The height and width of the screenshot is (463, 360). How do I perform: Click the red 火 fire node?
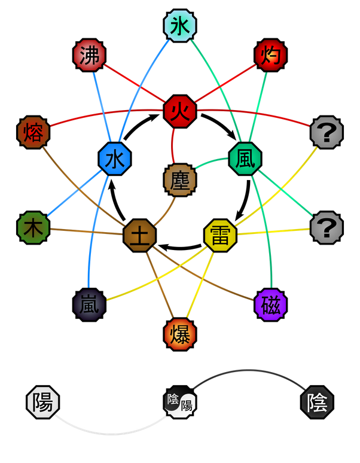tap(180, 112)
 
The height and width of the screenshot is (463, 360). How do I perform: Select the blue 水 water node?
tap(114, 159)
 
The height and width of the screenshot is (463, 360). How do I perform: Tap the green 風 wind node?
tap(245, 159)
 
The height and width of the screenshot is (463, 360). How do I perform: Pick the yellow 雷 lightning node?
tap(220, 235)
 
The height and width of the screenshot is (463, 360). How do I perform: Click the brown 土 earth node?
tap(140, 235)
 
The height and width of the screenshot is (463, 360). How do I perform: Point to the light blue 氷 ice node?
tap(180, 26)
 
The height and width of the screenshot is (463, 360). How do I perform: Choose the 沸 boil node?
tap(90, 56)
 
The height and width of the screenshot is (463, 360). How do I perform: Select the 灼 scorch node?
tap(270, 56)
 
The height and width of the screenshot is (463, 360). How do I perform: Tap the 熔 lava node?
tap(33, 132)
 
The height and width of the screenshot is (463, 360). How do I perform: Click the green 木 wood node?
tap(33, 227)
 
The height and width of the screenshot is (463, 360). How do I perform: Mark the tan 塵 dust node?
tap(180, 179)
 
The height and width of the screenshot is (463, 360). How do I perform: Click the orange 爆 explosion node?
tap(180, 334)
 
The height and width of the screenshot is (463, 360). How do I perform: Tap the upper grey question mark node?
tap(327, 132)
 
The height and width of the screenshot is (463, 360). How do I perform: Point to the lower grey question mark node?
tap(327, 227)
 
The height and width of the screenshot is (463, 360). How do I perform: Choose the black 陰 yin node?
tap(316, 401)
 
